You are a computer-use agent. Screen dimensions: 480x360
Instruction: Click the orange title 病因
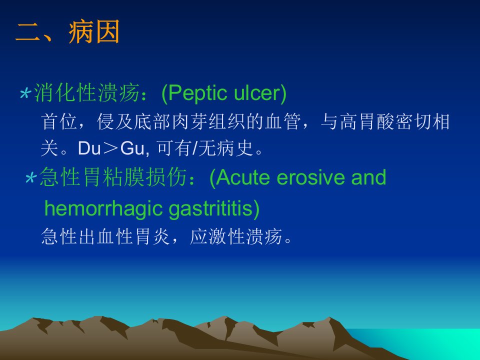[x=94, y=32]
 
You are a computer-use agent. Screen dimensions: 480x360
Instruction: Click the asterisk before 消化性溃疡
[x=25, y=93]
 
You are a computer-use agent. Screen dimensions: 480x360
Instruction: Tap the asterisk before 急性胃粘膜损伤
[x=31, y=178]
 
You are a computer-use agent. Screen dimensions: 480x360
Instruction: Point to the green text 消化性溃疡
[x=86, y=93]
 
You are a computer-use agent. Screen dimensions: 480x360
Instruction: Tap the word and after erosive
[x=368, y=177]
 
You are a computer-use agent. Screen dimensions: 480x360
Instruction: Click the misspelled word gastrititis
[x=210, y=209]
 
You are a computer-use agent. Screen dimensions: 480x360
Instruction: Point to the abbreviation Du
[x=89, y=148]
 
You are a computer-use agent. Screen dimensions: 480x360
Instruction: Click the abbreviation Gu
[x=132, y=148]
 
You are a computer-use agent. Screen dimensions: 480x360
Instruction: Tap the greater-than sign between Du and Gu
[x=111, y=149]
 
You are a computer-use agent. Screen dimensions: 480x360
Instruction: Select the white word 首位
[x=59, y=121]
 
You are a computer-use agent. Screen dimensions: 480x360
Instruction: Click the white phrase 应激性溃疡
[x=236, y=236]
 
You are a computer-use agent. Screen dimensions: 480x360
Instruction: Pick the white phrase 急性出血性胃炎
[x=105, y=236]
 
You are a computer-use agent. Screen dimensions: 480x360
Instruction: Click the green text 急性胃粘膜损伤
[x=113, y=177]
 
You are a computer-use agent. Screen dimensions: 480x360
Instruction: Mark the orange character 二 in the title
[x=28, y=32]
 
